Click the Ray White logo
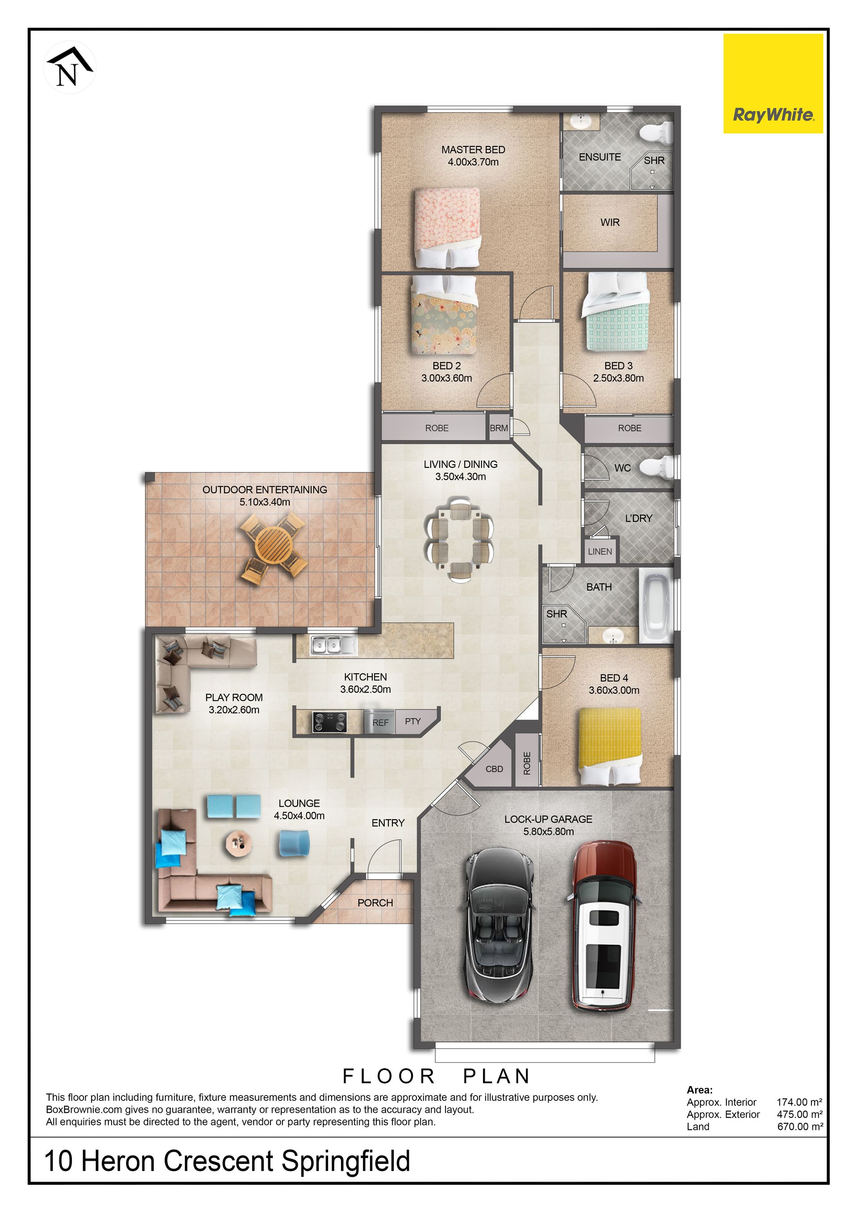[x=773, y=83]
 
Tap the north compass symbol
[x=70, y=67]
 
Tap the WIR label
[x=610, y=222]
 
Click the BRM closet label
[x=499, y=428]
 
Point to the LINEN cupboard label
[x=600, y=552]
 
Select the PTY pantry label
[x=413, y=721]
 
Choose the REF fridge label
[x=380, y=723]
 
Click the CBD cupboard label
[x=494, y=769]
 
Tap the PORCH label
[x=375, y=903]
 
